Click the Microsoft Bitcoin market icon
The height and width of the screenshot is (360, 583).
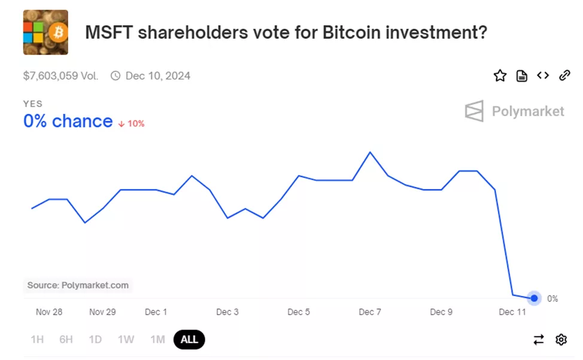45,32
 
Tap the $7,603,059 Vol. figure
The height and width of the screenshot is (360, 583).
60,76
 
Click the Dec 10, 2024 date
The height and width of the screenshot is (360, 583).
157,76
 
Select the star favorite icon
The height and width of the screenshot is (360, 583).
500,75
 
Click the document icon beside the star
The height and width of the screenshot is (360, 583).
522,75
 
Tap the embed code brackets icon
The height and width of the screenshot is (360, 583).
543,75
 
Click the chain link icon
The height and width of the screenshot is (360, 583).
564,75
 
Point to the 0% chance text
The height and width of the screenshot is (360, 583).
68,122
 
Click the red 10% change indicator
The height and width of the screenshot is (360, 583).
132,123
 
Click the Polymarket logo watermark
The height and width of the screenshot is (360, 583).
515,111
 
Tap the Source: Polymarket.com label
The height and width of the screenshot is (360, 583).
78,285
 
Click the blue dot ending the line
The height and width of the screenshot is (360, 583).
535,298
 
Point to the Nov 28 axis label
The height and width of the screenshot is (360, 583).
48,312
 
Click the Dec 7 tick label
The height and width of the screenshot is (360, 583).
370,312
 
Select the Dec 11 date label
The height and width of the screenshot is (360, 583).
512,312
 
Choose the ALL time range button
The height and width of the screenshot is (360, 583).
189,340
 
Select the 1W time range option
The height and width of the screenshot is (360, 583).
126,340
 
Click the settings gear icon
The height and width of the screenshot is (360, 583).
561,340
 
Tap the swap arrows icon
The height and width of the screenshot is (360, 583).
539,340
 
